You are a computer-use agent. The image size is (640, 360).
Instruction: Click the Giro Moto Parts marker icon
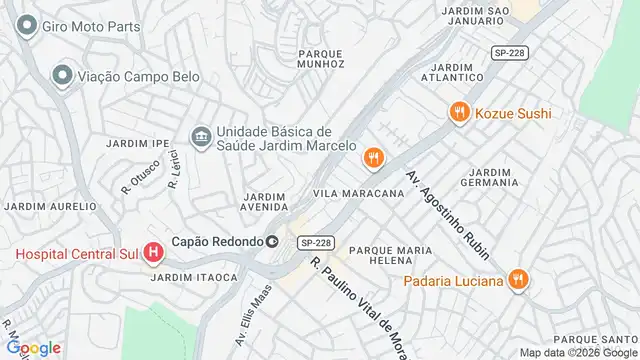click(x=25, y=27)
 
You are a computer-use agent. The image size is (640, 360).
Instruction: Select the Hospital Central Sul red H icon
click(x=153, y=253)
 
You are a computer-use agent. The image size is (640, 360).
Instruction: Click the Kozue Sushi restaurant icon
click(x=459, y=113)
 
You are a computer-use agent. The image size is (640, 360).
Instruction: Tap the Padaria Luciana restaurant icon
click(x=517, y=280)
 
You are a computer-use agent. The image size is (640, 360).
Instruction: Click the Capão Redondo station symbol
click(x=271, y=241)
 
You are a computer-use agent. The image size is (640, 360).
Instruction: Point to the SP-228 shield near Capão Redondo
click(x=315, y=242)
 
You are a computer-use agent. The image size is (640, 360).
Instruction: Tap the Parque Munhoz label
click(x=321, y=57)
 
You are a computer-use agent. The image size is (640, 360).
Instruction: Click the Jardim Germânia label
click(x=490, y=177)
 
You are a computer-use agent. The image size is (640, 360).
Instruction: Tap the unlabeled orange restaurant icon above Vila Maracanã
click(x=373, y=157)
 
